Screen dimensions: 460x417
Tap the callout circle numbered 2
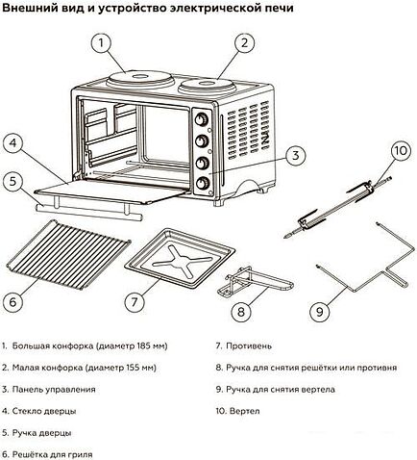click(x=245, y=42)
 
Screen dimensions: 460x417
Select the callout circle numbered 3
click(x=295, y=154)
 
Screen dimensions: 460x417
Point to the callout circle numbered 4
click(x=12, y=145)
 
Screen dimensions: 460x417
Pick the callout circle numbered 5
click(x=12, y=180)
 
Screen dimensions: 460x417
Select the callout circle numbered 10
click(x=400, y=151)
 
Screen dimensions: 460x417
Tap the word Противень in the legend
click(x=253, y=345)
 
